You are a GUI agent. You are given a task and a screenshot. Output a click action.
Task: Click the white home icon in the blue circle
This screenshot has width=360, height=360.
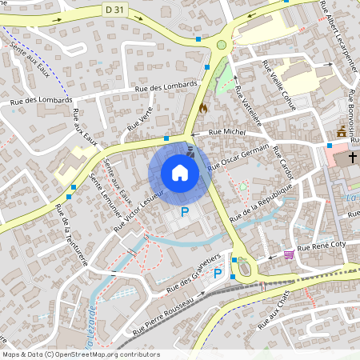(x=179, y=173)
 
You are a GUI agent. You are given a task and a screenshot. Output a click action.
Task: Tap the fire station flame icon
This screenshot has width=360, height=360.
(x=202, y=106)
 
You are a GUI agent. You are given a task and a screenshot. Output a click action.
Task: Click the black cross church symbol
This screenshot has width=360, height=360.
(x=353, y=159)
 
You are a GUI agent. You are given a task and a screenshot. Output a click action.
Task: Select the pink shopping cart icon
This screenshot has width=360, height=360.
(x=288, y=254)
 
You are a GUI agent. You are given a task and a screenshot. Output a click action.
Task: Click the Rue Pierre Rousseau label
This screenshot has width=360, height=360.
(x=163, y=312)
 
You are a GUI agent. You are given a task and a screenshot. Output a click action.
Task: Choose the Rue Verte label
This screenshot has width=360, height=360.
(x=140, y=119)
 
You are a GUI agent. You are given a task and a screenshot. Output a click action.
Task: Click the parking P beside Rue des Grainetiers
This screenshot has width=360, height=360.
(x=218, y=274)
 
